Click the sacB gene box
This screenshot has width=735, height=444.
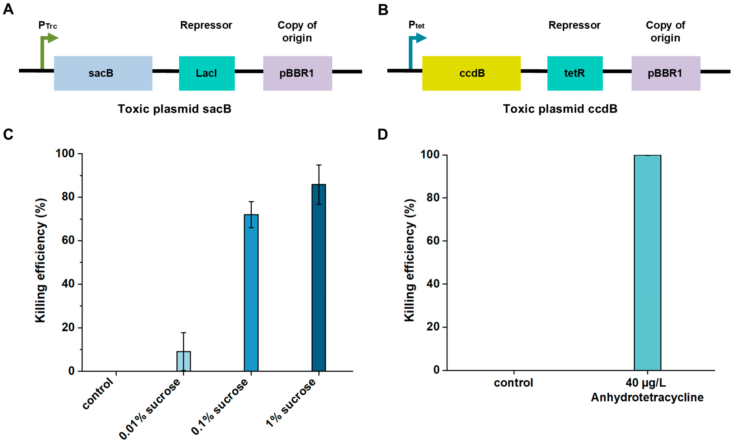coord(103,73)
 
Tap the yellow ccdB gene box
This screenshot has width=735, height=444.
coord(471,73)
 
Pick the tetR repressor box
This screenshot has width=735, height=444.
coord(575,73)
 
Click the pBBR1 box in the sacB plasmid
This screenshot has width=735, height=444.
coord(297,73)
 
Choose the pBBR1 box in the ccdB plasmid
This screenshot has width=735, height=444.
coord(666,73)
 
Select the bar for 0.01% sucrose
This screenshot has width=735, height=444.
coord(183,361)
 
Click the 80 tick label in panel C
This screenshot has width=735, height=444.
coord(68,197)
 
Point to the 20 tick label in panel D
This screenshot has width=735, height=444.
coord(433,327)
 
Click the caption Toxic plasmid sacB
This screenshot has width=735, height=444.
coord(174,109)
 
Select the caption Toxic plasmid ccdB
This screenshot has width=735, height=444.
coord(560,109)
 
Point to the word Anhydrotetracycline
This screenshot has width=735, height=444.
coord(647,397)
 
